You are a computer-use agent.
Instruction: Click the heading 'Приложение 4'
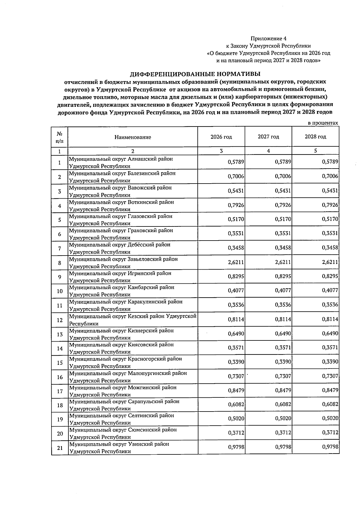pos(268,39)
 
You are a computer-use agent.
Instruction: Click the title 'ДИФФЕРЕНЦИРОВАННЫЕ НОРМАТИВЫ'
pos(195,74)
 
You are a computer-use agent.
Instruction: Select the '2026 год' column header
pos(221,137)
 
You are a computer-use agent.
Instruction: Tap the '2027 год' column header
pos(268,137)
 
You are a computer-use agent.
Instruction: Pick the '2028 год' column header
pos(315,137)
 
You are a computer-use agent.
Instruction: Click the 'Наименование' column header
pos(133,137)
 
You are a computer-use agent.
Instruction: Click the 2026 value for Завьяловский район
pos(236,262)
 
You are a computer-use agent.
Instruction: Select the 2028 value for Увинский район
pos(330,447)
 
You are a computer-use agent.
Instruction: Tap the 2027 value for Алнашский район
pos(283,162)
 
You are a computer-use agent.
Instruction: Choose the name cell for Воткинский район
pos(121,206)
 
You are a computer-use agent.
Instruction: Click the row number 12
pos(60,320)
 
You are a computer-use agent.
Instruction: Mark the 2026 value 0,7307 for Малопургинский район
pos(236,376)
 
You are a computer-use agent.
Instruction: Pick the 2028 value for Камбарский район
pos(330,290)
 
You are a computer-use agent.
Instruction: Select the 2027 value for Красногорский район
pos(283,362)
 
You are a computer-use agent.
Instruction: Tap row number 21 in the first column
pos(60,448)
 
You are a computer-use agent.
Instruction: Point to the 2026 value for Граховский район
pos(236,233)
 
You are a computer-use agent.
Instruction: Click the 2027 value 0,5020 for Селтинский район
pos(283,418)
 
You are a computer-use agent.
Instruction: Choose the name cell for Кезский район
pos(133,320)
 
